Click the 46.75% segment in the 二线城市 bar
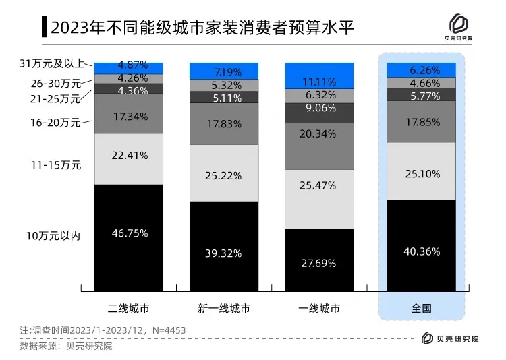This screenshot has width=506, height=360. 128,233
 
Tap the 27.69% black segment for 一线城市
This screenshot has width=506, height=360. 319,263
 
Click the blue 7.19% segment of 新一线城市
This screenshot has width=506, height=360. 223,71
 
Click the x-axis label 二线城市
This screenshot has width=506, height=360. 128,309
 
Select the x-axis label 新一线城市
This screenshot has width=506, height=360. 223,309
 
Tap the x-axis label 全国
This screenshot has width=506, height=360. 421,309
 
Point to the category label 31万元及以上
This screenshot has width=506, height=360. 52,64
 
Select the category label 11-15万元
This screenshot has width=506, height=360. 57,164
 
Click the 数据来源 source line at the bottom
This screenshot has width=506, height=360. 65,346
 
